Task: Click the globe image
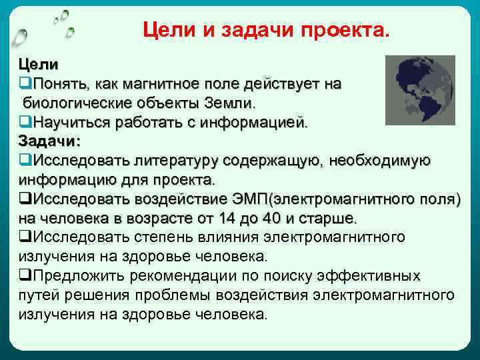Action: tap(421, 90)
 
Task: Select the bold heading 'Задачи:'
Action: tap(49, 141)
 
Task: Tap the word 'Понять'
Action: tap(60, 85)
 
